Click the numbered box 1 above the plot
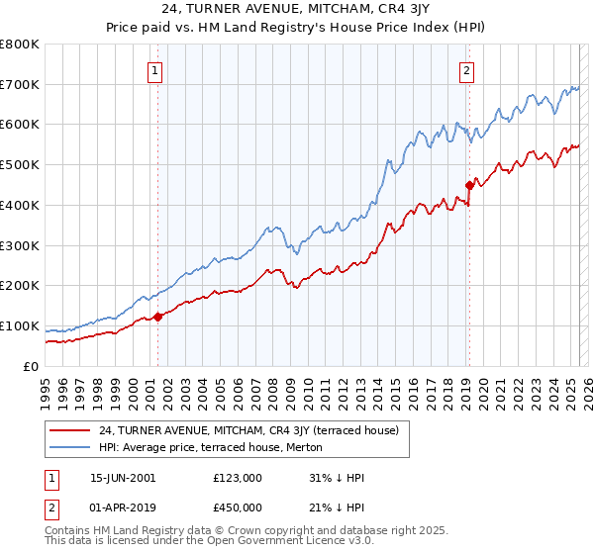[x=156, y=70]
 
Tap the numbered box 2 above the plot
[x=466, y=70]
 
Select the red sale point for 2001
[x=157, y=317]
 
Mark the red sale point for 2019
[x=469, y=185]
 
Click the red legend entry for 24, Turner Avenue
[x=248, y=430]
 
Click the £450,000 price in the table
[x=237, y=508]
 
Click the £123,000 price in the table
[x=237, y=478]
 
